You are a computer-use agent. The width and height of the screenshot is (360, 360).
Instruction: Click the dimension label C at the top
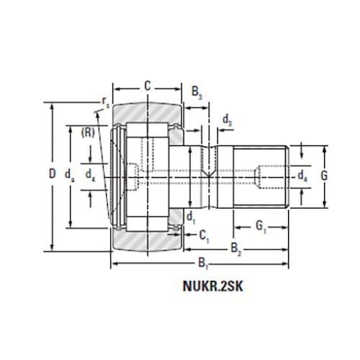click(147, 86)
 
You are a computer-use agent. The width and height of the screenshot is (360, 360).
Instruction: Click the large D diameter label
click(51, 174)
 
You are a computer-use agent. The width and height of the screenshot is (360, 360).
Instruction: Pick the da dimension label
click(68, 174)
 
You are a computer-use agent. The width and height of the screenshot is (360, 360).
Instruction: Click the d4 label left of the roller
click(89, 174)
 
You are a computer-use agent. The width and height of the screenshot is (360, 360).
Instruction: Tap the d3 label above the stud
click(227, 120)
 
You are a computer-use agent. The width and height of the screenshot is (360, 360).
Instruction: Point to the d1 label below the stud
click(191, 216)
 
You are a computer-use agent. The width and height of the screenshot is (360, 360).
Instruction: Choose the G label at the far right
click(324, 175)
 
